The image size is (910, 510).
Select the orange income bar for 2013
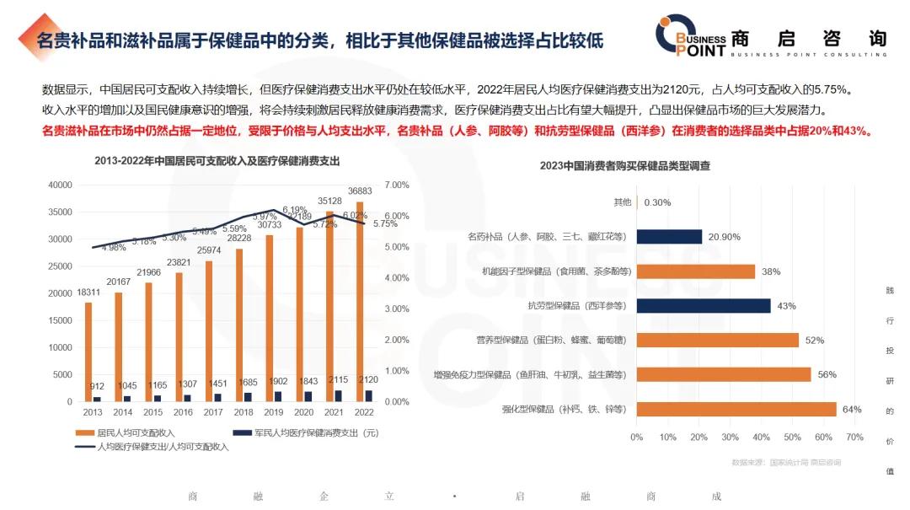(x=88, y=352)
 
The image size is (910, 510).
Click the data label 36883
(x=360, y=192)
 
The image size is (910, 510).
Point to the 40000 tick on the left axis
(x=61, y=185)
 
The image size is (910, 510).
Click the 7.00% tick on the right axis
(x=397, y=185)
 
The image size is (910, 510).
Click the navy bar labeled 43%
(x=704, y=305)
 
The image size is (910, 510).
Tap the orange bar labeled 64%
(x=736, y=409)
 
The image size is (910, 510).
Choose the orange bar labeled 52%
(x=718, y=340)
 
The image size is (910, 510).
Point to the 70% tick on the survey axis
(x=854, y=437)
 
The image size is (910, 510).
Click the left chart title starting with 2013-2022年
(x=217, y=160)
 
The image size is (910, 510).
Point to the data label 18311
(x=88, y=291)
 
